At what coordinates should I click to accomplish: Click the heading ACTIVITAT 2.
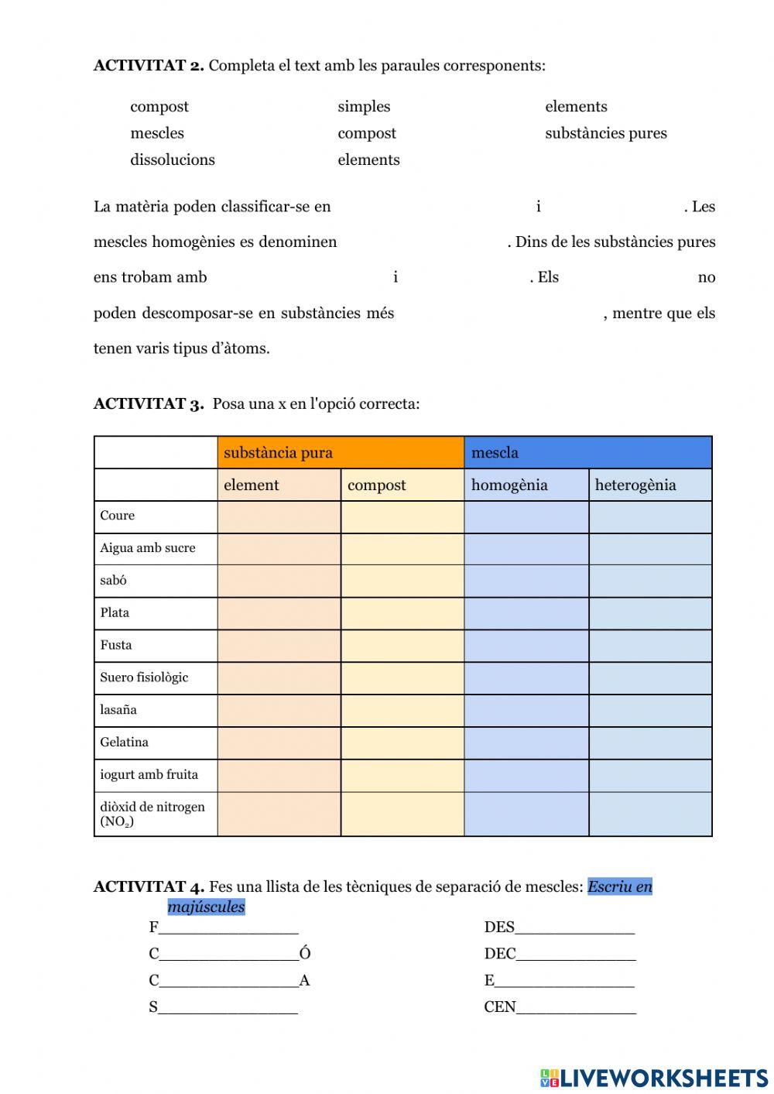pyautogui.click(x=149, y=66)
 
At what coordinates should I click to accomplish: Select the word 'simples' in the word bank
pyautogui.click(x=364, y=107)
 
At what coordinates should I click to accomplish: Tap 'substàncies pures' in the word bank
pyautogui.click(x=605, y=133)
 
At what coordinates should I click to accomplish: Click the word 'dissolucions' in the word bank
pyautogui.click(x=173, y=159)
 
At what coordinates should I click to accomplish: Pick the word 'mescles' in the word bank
pyautogui.click(x=157, y=133)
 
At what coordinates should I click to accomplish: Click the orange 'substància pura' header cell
pyautogui.click(x=341, y=453)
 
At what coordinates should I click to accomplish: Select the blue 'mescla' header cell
pyautogui.click(x=587, y=453)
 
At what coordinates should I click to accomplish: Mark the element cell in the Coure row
pyautogui.click(x=279, y=516)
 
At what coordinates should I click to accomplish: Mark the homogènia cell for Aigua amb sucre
pyautogui.click(x=526, y=549)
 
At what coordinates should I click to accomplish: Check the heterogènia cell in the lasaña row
pyautogui.click(x=649, y=711)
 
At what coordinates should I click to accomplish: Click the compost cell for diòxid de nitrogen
pyautogui.click(x=402, y=814)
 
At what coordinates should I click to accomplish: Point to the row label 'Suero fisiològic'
pyautogui.click(x=144, y=677)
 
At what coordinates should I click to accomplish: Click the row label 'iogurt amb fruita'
pyautogui.click(x=149, y=775)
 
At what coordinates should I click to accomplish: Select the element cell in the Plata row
pyautogui.click(x=279, y=613)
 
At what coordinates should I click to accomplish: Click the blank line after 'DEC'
pyautogui.click(x=576, y=955)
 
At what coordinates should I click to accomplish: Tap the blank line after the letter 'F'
pyautogui.click(x=228, y=928)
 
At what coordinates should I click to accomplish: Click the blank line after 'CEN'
pyautogui.click(x=576, y=1007)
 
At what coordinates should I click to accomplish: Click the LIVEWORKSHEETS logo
pyautogui.click(x=654, y=1078)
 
